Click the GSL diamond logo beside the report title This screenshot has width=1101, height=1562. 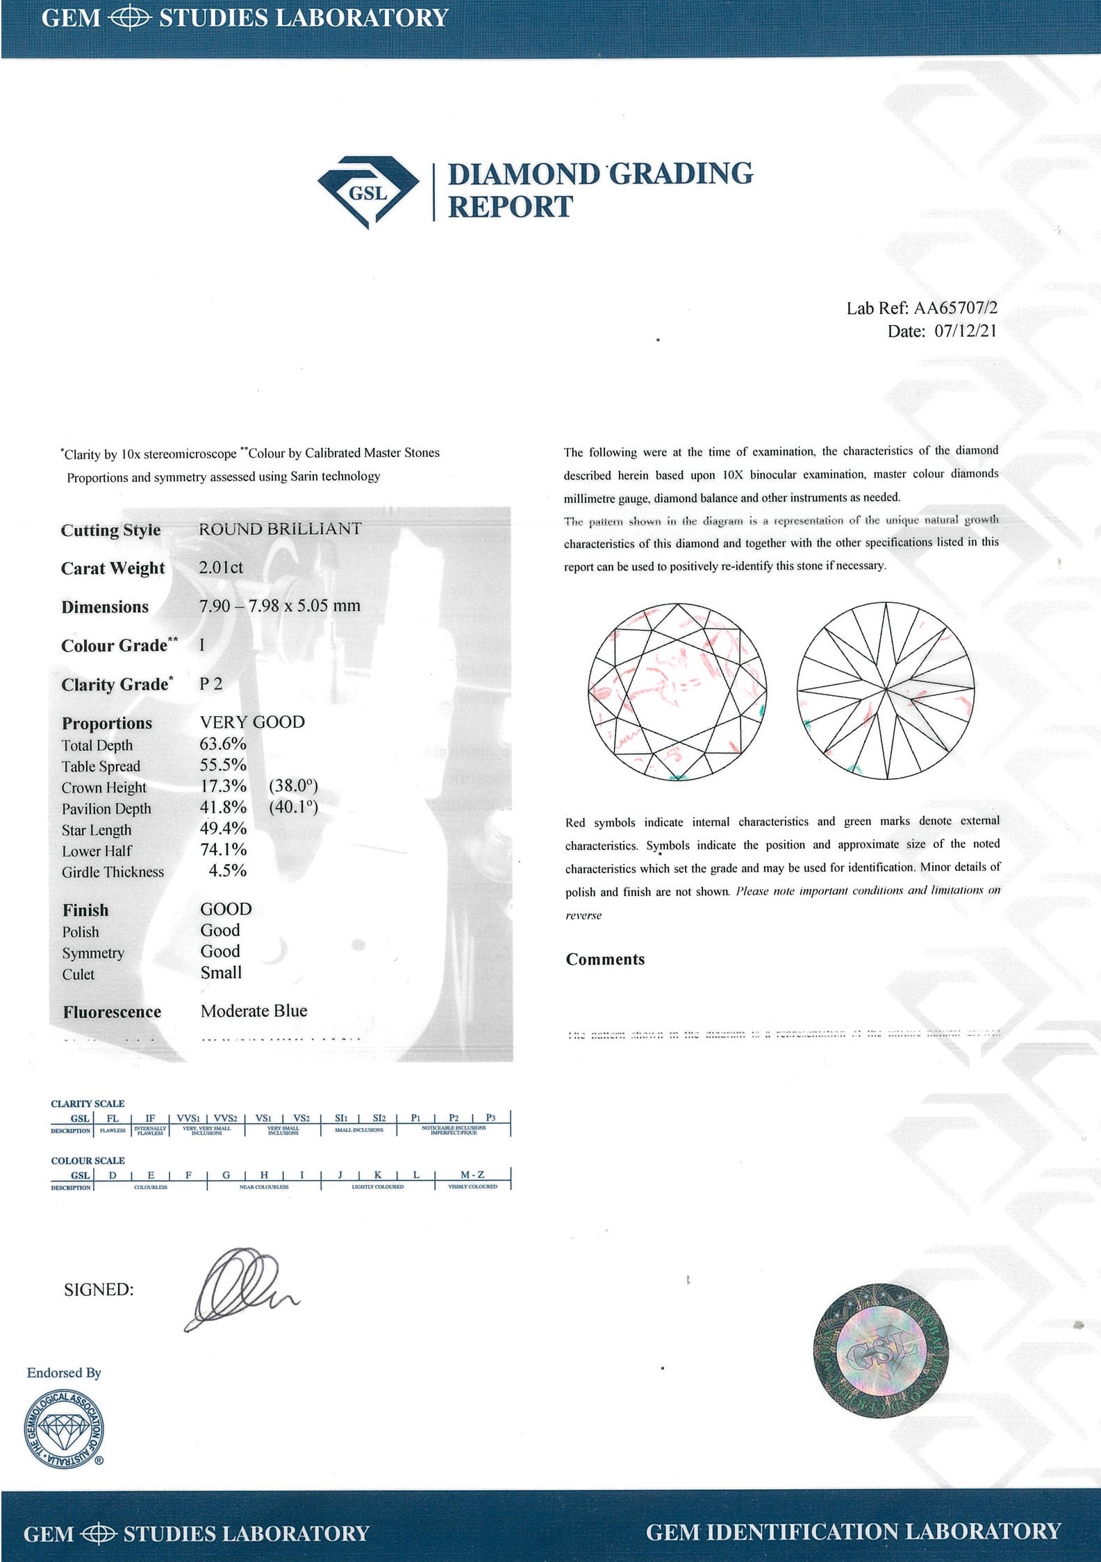pos(368,192)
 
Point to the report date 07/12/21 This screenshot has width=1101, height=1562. pos(966,331)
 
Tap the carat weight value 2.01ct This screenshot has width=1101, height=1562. pos(221,567)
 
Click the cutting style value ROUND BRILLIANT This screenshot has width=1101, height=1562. pos(280,529)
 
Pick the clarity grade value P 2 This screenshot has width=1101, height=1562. pos(211,684)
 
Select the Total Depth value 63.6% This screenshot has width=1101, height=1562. pos(223,745)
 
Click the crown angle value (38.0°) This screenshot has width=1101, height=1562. pos(293,786)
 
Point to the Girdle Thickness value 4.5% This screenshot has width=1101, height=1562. pos(228,871)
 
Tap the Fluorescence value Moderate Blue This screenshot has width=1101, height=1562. pos(254,1011)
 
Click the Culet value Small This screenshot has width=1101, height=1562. pos(221,973)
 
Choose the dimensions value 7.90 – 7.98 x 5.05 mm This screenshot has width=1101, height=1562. pos(280,606)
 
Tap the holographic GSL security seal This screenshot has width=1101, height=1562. pos(881,1351)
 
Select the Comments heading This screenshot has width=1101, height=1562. pos(605,960)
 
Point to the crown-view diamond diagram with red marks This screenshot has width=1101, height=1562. pos(677,692)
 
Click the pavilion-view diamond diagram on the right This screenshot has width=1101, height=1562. pos(886,692)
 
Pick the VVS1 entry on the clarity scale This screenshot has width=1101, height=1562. pos(188,1118)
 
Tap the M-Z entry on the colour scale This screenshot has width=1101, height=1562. pos(472,1174)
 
